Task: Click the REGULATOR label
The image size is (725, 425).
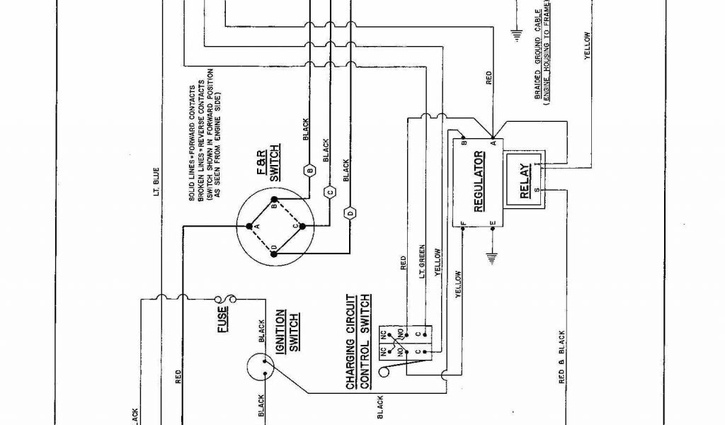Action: (478, 181)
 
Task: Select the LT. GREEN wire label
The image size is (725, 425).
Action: (423, 253)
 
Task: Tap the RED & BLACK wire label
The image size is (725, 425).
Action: (561, 357)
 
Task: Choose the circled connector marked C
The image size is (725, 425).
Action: (329, 191)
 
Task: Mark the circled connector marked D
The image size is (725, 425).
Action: (350, 212)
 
